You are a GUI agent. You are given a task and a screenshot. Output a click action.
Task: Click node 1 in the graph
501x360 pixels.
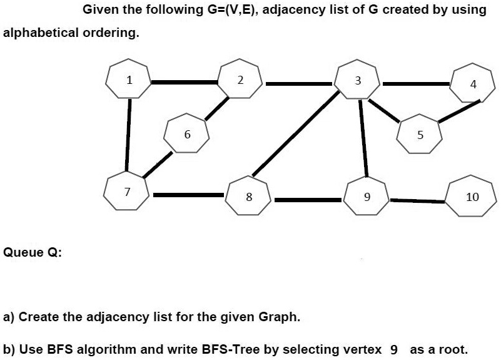click(128, 80)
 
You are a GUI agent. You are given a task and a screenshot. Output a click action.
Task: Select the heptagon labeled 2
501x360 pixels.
click(240, 80)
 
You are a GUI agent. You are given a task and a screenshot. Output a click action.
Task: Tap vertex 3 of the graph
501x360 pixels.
click(358, 80)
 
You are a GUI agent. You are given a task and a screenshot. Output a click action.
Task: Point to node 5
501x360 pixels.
click(420, 134)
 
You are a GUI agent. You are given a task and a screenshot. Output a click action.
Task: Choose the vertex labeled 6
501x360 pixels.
click(186, 133)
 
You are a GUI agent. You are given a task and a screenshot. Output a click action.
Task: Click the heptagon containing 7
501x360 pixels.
click(127, 192)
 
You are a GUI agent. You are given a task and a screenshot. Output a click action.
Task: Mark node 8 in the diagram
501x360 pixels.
click(248, 197)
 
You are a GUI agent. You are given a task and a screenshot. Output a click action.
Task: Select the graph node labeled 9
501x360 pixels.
click(367, 197)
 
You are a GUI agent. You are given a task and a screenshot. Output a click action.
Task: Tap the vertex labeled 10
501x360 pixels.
click(472, 197)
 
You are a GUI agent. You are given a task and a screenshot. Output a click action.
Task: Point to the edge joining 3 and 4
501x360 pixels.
click(415, 83)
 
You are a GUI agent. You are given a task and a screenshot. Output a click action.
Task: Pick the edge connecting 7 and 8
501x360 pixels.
click(188, 195)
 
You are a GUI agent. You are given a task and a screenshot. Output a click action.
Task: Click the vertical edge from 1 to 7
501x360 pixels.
click(128, 134)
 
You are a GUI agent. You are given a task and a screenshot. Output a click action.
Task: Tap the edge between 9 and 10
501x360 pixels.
click(418, 200)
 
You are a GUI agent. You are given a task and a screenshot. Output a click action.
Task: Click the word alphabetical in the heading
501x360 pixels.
click(42, 33)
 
